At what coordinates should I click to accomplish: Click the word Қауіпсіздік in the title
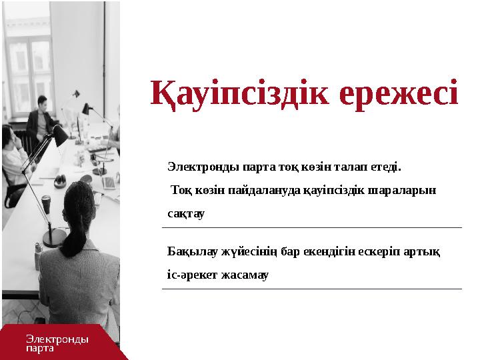click(x=241, y=94)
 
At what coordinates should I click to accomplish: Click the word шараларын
click(x=406, y=189)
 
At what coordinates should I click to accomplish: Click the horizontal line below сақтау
click(x=311, y=228)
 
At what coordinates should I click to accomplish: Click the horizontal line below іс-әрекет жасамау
click(x=311, y=289)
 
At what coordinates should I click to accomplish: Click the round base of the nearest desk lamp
click(x=52, y=239)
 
